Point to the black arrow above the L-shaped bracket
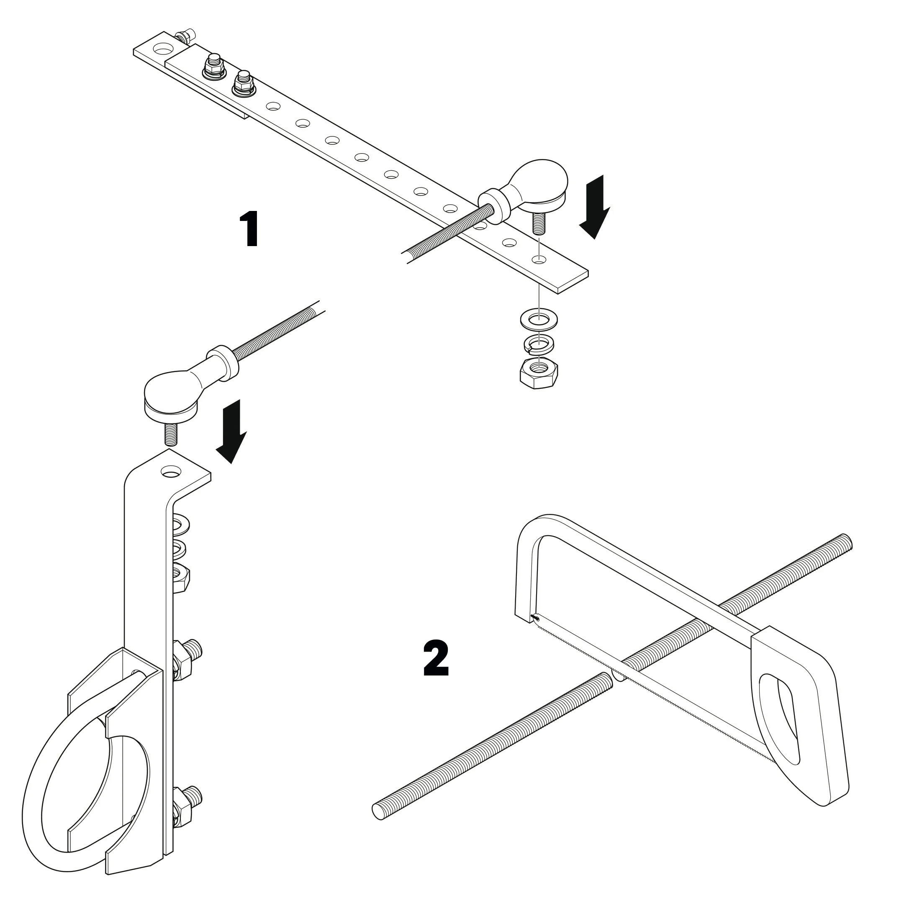(231, 431)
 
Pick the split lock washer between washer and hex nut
(539, 344)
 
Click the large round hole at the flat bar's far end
(163, 48)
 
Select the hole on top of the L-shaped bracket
(170, 471)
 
